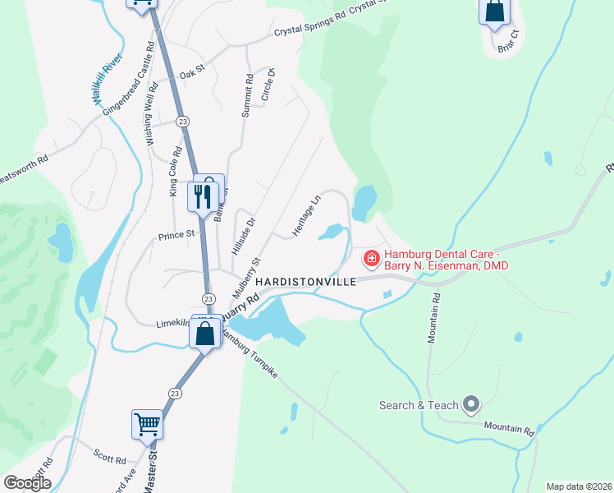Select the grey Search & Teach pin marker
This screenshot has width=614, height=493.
[471, 404]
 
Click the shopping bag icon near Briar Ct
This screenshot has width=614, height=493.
[494, 12]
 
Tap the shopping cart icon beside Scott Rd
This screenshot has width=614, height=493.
[147, 424]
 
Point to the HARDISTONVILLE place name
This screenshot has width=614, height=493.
[306, 281]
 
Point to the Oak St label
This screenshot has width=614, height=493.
[191, 74]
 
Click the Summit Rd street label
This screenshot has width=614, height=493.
[247, 95]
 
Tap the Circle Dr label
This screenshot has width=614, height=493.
[267, 85]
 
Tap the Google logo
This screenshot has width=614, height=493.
[27, 483]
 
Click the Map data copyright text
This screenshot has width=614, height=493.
[578, 486]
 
